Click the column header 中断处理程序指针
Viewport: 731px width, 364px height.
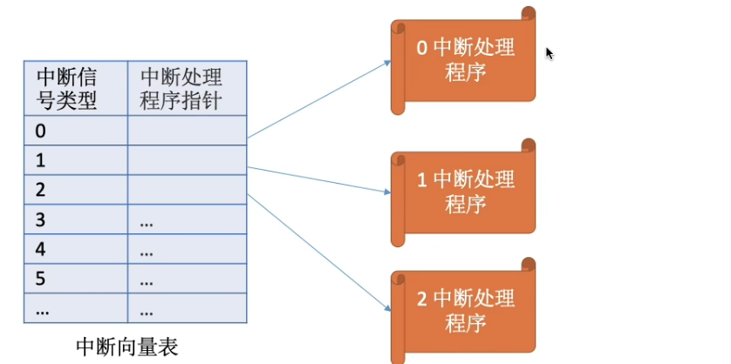tap(187, 89)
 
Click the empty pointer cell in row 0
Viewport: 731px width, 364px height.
tap(187, 131)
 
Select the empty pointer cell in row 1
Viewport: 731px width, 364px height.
tap(187, 161)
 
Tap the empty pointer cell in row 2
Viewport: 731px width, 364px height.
tap(187, 190)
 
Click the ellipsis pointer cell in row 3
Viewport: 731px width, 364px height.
tap(187, 219)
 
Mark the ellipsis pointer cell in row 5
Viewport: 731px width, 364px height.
tap(187, 279)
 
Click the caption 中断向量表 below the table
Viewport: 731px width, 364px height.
tap(127, 347)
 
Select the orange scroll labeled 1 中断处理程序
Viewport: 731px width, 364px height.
tap(463, 192)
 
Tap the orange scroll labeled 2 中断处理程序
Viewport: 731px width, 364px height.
tap(463, 312)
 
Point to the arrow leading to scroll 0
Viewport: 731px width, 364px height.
tap(318, 99)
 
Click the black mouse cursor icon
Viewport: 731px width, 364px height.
tap(550, 53)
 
